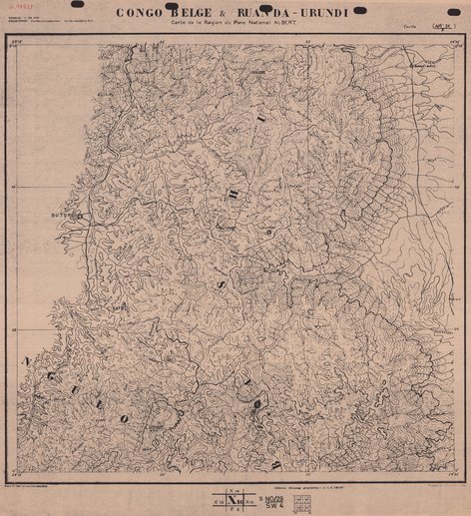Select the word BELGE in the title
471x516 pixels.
click(201, 13)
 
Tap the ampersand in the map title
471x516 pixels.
click(235, 13)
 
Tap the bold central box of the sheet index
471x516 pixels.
click(236, 495)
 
